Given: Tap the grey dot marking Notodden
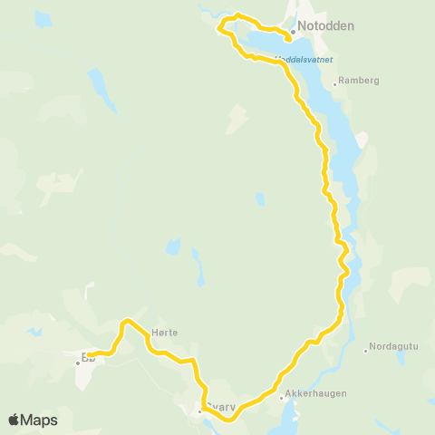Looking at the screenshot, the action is point(294,32).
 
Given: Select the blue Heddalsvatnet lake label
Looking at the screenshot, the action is point(304,60).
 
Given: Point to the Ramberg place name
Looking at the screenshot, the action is point(360,80).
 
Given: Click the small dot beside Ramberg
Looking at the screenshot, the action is point(334,84).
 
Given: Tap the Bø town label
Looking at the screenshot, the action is point(88,357).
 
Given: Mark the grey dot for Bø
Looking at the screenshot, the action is point(78,363).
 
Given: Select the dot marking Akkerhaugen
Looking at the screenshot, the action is point(281,398).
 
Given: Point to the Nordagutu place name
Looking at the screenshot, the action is point(391,349).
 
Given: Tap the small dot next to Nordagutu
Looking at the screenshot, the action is point(365,351).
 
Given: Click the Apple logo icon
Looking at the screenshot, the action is point(14,420).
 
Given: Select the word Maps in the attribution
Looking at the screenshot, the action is point(39,420).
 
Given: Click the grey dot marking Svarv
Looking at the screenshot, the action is point(200,411).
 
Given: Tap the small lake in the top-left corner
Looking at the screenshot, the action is point(43,19).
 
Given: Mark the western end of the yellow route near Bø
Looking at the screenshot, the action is point(89,355).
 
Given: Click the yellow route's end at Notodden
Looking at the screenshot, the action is point(289,39).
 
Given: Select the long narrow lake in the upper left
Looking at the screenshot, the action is point(96,87).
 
